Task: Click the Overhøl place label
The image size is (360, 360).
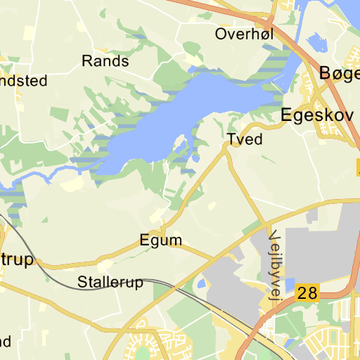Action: (x=245, y=34)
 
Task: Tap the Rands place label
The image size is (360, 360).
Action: (x=105, y=61)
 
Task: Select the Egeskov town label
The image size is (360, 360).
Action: (x=316, y=115)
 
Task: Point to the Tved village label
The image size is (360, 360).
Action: (x=245, y=139)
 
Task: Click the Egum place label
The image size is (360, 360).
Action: (x=160, y=240)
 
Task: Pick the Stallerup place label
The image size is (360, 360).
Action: (x=110, y=283)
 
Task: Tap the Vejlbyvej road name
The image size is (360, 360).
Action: (x=274, y=267)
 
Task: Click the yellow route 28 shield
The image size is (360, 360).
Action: (x=307, y=293)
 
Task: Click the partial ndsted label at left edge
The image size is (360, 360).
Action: (x=22, y=81)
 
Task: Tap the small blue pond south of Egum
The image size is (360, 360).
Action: (x=202, y=283)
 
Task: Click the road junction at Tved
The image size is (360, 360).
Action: (x=226, y=149)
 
